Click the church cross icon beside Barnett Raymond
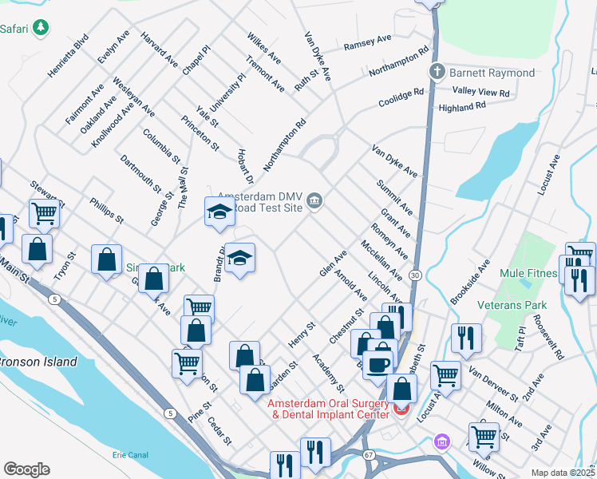(437, 73)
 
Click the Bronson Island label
(38, 362)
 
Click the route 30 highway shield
(416, 275)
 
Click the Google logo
(26, 469)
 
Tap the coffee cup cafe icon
(379, 363)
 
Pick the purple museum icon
(441, 441)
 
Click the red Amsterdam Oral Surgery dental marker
(401, 410)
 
